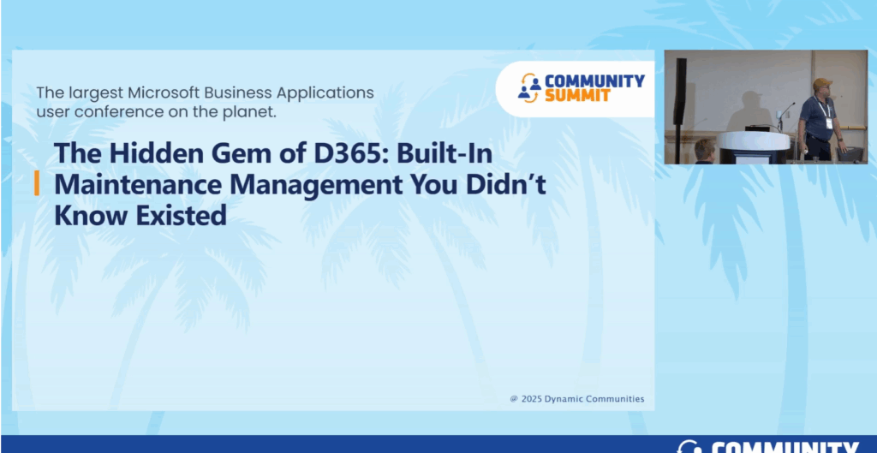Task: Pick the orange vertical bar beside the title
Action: [x=36, y=184]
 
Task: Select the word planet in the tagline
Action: [x=253, y=111]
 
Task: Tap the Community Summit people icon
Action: [x=528, y=88]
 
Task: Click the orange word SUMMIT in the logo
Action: [x=577, y=96]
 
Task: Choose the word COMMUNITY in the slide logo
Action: [x=594, y=81]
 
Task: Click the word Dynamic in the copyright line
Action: [x=564, y=399]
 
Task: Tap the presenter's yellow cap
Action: [x=822, y=83]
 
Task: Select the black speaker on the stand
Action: [x=681, y=91]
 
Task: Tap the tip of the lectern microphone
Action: [x=794, y=104]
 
